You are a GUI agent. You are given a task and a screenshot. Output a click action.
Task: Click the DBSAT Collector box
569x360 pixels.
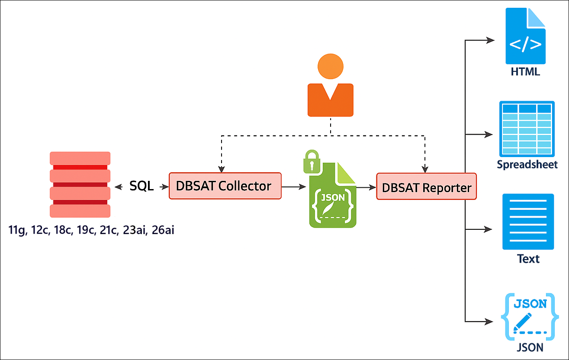point(225,186)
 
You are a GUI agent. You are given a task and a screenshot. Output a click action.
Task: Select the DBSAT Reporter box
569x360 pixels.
point(426,186)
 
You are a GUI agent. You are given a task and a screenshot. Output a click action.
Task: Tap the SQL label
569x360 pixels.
point(141,186)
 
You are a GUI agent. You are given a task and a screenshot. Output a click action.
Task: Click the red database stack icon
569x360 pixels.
point(80,184)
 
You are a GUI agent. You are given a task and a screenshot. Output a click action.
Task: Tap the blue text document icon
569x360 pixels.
point(528,222)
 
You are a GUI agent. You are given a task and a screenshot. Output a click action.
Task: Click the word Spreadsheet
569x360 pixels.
point(527,165)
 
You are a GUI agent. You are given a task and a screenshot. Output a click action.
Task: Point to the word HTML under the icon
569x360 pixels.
point(525,72)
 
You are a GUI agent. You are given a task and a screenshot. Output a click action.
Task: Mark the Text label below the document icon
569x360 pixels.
point(528,259)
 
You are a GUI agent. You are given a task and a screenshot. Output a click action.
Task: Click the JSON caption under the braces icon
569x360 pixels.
point(530,347)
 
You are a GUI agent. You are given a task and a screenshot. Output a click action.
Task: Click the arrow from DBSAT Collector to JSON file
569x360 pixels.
point(294,187)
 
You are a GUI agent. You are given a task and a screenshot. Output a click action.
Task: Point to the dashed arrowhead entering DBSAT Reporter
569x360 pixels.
point(425,169)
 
